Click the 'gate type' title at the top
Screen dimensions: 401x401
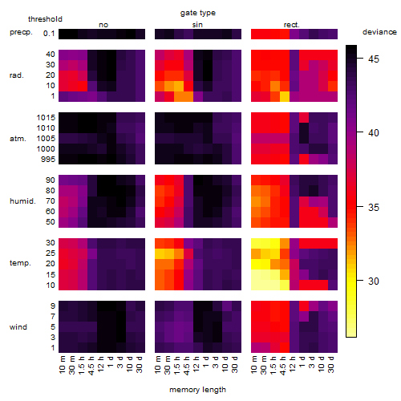[x=198, y=13]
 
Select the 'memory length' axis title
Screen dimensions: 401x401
[x=197, y=390]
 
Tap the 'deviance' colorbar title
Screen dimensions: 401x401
[x=379, y=32]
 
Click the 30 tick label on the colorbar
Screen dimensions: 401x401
[x=374, y=281]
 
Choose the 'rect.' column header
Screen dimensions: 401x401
[x=291, y=25]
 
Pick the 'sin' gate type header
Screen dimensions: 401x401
[x=197, y=25]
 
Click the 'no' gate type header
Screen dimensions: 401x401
[x=103, y=25]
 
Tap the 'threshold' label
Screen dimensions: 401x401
[x=45, y=19]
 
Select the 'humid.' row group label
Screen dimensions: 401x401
[x=22, y=201]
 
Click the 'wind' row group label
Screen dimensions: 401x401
[x=18, y=327]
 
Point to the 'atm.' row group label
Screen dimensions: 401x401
[x=18, y=139]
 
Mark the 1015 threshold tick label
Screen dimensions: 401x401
[x=46, y=117]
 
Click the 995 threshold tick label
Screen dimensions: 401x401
[x=48, y=160]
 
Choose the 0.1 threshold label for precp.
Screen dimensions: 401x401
[x=49, y=34]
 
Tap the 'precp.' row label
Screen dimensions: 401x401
[x=21, y=32]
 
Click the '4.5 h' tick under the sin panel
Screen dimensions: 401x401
[x=187, y=365]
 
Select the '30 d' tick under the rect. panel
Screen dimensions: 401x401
[x=331, y=364]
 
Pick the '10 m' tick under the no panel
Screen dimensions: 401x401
[x=63, y=364]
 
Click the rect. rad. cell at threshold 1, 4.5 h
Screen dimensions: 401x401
[x=285, y=96]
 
